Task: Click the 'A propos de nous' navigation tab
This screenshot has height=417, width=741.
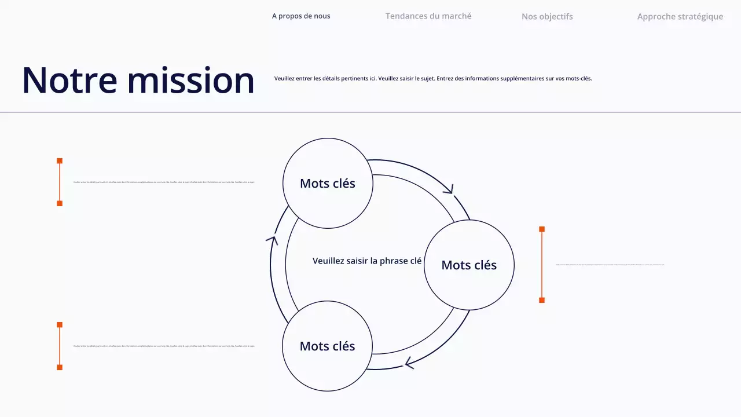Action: click(x=301, y=16)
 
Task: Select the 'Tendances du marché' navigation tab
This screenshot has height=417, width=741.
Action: click(x=428, y=16)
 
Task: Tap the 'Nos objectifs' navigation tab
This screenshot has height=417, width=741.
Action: click(x=547, y=17)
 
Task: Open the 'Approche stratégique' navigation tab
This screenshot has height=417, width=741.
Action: click(x=680, y=17)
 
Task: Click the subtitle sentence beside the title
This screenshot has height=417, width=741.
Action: click(x=433, y=78)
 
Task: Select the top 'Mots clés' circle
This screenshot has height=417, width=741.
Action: click(x=328, y=183)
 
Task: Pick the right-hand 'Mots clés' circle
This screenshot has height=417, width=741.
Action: click(x=469, y=265)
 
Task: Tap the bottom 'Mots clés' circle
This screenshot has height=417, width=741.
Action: click(x=327, y=346)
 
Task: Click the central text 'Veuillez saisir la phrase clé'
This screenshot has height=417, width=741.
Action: click(x=367, y=261)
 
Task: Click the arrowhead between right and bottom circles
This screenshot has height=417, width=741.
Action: click(x=409, y=363)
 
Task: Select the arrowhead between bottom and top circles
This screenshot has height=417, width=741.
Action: click(x=272, y=238)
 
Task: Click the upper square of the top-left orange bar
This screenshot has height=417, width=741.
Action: click(x=60, y=161)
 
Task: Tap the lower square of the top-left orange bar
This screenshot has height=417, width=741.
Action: click(x=60, y=203)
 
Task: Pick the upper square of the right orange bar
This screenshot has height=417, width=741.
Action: click(x=542, y=229)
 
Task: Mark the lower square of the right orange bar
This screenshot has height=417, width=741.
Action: click(x=542, y=300)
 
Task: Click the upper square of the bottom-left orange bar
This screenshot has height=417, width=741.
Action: click(x=60, y=325)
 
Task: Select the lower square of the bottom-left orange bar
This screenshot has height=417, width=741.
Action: click(x=60, y=367)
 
